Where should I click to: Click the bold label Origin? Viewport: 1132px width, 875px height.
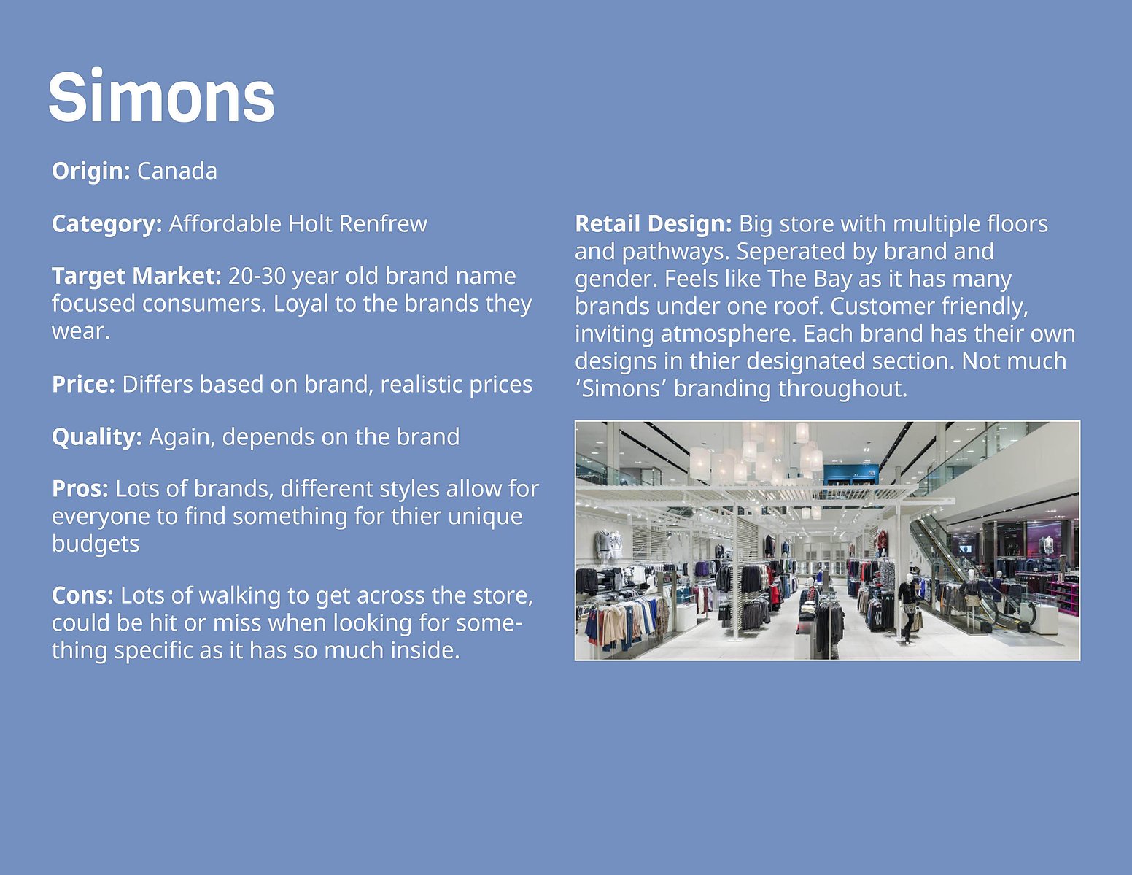point(91,171)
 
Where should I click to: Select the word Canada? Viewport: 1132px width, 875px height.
point(177,171)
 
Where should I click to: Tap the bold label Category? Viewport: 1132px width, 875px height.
point(107,224)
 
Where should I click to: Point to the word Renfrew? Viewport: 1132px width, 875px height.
point(383,223)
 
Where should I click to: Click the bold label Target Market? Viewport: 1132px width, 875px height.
point(137,276)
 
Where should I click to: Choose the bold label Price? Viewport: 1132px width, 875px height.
point(83,385)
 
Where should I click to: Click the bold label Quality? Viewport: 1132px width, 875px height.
point(97,437)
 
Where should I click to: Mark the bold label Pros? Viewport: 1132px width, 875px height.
point(80,489)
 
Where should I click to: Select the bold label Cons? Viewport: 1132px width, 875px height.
point(83,595)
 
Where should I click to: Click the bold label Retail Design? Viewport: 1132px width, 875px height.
point(654,224)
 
